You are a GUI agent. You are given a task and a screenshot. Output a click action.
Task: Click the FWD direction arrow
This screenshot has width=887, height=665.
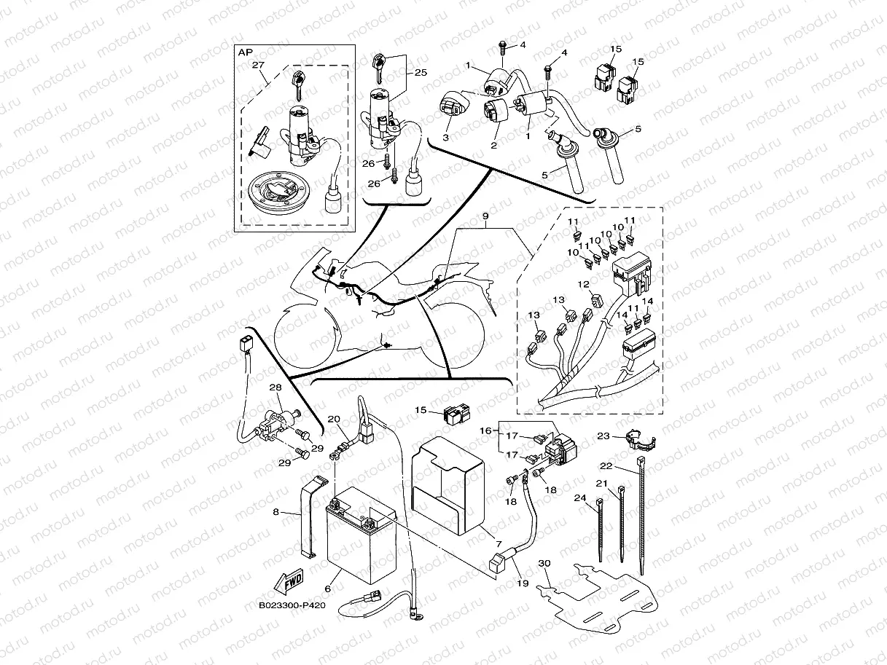point(288,583)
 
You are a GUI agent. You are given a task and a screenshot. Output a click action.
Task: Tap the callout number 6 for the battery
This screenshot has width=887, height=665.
point(327,589)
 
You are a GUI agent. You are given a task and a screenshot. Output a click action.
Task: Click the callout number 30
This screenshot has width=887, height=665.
point(543,564)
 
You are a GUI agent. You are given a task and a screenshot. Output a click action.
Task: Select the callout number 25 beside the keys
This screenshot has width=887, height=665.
point(421,73)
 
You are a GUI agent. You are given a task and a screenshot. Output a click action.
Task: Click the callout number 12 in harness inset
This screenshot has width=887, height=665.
point(583,284)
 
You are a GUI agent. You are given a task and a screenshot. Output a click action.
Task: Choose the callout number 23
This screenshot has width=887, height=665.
point(603,436)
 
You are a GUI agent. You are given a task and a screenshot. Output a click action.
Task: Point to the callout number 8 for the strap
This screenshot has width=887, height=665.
point(276,512)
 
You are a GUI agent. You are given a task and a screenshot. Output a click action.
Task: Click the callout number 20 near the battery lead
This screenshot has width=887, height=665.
point(333,419)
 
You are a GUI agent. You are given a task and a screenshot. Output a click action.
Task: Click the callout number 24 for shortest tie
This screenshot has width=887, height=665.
point(579,499)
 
